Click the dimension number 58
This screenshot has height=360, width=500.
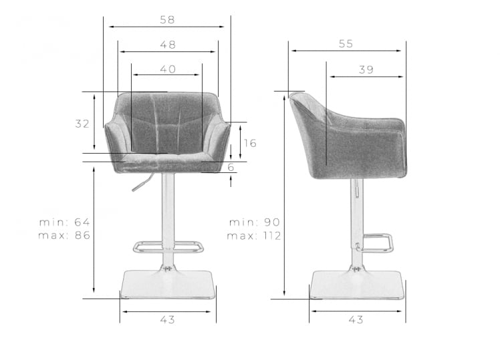coord(167,20)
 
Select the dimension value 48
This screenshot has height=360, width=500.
coord(168,45)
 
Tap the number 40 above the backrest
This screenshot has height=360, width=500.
coord(168,69)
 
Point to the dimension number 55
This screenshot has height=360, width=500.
coord(346,43)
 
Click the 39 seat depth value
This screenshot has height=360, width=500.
coord(366,69)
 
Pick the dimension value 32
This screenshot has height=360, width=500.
coord(82,124)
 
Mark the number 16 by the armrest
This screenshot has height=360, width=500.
coord(250,144)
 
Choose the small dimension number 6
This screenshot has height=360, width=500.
coord(231,167)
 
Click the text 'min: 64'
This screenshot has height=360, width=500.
coord(64,222)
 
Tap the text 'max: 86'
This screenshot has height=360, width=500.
coord(64,235)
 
